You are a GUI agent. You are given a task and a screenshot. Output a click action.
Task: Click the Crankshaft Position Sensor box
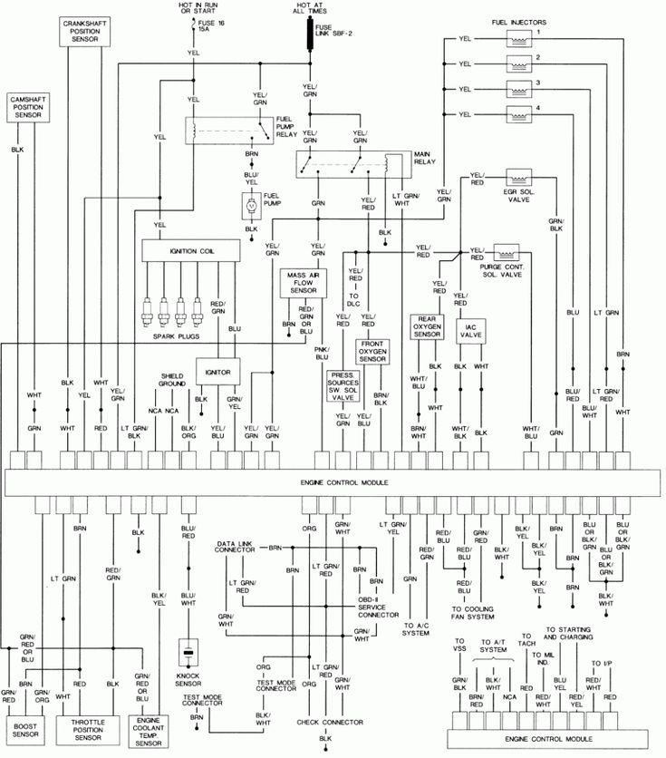[x=86, y=30]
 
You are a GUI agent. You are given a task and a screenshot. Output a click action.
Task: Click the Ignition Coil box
[x=188, y=248]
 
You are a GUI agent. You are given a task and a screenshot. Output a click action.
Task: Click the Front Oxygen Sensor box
[x=372, y=353]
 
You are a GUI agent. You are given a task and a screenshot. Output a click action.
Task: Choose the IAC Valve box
[x=470, y=332]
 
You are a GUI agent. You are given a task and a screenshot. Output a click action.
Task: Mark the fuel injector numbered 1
[x=520, y=40]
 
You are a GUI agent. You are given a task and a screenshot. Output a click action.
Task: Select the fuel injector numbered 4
[x=520, y=114]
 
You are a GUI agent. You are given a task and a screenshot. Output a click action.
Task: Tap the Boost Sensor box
[x=24, y=731]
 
